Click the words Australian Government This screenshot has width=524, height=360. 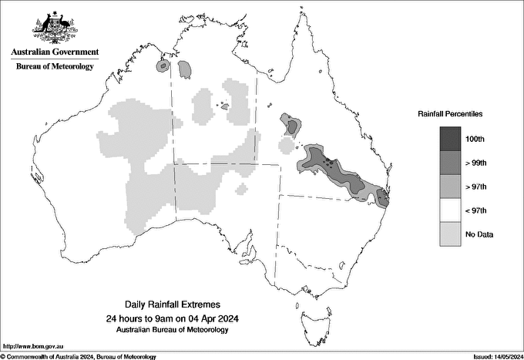(55, 52)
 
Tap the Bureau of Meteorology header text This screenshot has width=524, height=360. (55, 67)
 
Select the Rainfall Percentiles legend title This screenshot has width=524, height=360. (450, 114)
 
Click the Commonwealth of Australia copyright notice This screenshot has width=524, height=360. (79, 356)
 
